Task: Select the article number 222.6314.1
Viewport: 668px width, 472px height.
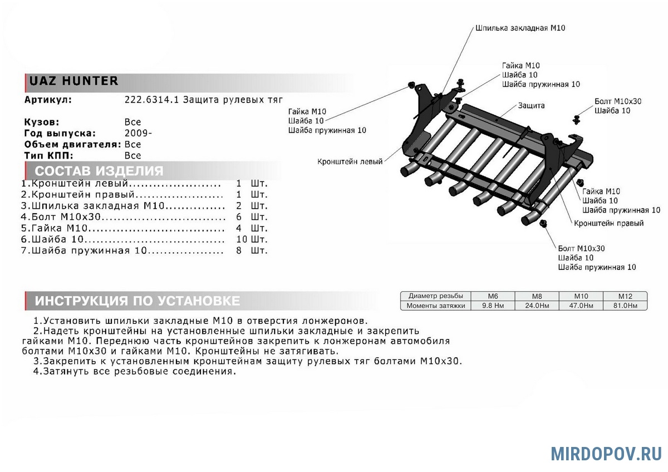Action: click(152, 100)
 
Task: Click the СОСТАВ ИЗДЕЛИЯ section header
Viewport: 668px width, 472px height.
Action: click(99, 171)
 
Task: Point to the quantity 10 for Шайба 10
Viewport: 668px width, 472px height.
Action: click(242, 239)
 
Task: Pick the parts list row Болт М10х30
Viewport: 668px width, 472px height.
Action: click(122, 217)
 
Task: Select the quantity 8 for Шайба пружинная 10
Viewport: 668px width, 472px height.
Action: click(239, 250)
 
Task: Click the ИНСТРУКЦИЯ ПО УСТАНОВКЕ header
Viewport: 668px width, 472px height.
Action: click(137, 301)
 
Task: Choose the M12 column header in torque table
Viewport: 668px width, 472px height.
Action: click(625, 296)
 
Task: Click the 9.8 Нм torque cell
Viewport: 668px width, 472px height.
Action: click(493, 306)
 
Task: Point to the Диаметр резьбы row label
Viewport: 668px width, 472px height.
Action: click(435, 296)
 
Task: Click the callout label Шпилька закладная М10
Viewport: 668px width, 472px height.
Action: click(520, 27)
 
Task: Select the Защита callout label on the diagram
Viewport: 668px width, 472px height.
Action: click(531, 105)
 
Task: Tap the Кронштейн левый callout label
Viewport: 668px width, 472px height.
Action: click(350, 162)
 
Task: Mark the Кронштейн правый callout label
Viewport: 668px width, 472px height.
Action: click(609, 223)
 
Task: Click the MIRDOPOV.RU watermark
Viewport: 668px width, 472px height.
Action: click(606, 453)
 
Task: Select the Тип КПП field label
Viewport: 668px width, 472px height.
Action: click(48, 155)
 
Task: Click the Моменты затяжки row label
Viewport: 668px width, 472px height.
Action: click(435, 306)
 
